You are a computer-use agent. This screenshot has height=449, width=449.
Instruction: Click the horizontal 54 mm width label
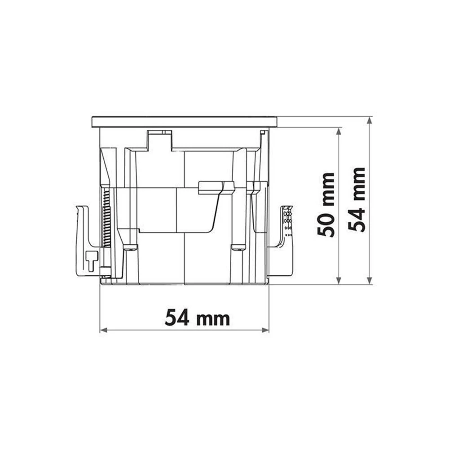[x=197, y=317]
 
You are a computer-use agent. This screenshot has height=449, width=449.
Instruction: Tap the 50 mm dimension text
[x=326, y=205]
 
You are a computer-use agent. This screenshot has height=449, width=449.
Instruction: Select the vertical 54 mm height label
[x=357, y=200]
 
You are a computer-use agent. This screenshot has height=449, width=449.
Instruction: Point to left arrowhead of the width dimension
[x=103, y=330]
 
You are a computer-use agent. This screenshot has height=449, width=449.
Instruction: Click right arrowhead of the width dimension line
[x=266, y=330]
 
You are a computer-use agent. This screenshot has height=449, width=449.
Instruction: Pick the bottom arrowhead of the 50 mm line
[x=339, y=281]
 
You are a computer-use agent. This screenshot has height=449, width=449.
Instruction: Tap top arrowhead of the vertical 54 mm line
[x=370, y=120]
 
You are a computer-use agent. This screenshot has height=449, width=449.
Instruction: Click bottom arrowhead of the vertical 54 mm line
[x=370, y=281]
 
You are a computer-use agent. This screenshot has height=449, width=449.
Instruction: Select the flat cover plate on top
[x=185, y=122]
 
